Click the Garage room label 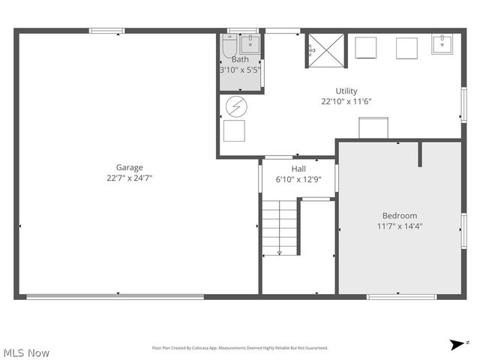129,167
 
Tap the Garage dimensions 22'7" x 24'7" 129,178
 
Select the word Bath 240,59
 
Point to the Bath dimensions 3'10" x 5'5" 240,70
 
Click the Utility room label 346,91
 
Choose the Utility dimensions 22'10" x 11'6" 346,101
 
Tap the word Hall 298,169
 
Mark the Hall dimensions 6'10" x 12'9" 298,179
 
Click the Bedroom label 400,215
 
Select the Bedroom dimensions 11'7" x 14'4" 400,226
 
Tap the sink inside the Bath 250,44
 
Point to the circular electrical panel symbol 235,107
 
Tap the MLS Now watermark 26,352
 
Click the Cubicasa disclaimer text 240,348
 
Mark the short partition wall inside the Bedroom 421,154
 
